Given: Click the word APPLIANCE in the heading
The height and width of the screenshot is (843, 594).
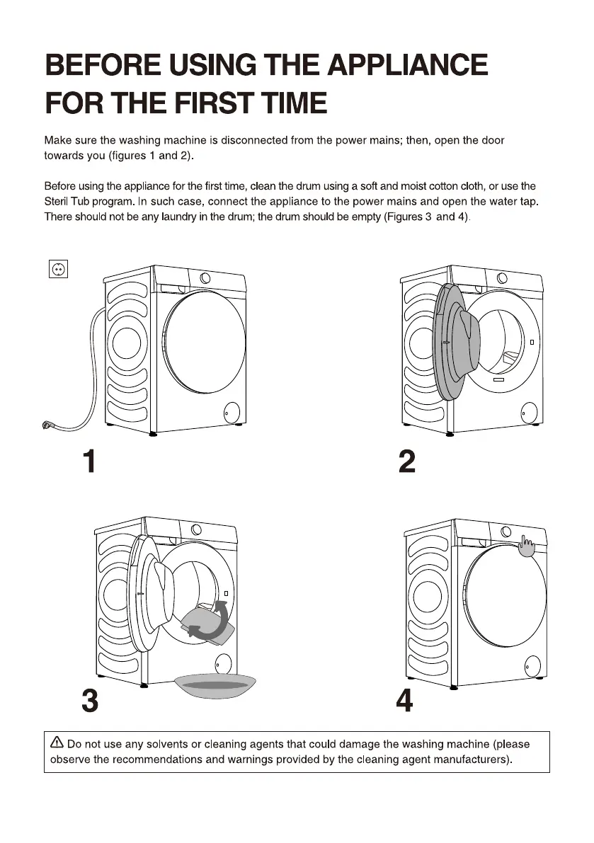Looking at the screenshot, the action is point(407,64).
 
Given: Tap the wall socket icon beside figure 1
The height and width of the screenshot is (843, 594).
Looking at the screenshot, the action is point(58,268).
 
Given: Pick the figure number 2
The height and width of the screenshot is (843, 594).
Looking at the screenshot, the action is point(407,461).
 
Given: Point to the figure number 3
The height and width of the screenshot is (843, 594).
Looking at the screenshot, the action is point(91,701).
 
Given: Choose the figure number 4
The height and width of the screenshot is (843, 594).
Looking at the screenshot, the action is point(405,701).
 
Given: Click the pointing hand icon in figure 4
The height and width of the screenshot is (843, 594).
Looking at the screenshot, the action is point(526,546).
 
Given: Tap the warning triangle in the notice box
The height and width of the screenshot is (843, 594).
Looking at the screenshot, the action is point(57,742).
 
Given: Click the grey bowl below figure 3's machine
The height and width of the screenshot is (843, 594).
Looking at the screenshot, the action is point(215,685).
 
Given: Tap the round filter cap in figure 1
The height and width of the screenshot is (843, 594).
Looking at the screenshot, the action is point(232,413).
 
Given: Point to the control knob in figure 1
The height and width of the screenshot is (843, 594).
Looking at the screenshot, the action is point(205,278).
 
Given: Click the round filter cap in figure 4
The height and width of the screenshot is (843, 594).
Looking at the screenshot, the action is point(532,665).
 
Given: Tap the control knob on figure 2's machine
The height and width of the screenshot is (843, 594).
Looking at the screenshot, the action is point(502,278).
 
